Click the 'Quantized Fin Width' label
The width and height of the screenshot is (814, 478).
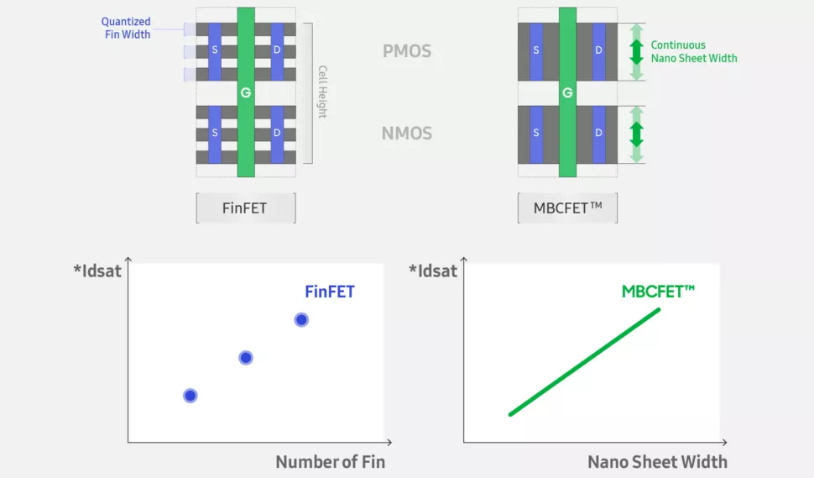click(126, 28)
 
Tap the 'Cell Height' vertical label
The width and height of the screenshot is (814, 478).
click(321, 92)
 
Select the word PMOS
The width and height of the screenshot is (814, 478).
click(406, 51)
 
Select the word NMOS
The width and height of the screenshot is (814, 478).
click(406, 133)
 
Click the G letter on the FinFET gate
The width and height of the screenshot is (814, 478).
click(246, 92)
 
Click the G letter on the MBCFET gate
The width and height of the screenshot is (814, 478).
click(567, 92)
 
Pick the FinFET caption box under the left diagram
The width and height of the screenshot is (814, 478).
click(246, 207)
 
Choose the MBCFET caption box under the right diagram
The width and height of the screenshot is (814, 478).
click(568, 207)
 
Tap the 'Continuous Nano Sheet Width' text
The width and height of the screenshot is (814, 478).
click(694, 51)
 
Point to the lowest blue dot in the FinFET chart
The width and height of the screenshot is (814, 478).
click(190, 395)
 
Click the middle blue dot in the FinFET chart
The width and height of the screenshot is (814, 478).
click(246, 357)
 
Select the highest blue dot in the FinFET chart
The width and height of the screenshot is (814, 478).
click(301, 319)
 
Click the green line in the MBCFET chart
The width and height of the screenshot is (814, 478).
click(585, 361)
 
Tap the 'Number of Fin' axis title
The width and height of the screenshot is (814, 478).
click(330, 461)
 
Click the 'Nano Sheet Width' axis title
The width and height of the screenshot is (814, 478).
click(657, 461)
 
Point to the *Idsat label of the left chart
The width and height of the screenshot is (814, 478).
click(97, 271)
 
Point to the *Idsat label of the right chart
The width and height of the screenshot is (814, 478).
click(433, 271)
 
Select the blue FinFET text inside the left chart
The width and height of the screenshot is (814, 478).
click(329, 292)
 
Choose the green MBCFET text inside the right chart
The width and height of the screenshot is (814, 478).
click(659, 292)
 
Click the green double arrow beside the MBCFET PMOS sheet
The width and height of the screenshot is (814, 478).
click(636, 51)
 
